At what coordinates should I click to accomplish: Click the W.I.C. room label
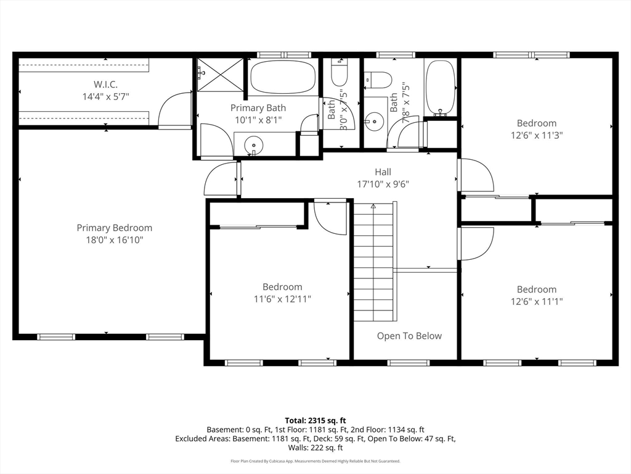[105, 84]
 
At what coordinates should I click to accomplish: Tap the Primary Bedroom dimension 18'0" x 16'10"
[115, 240]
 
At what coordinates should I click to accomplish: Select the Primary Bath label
[258, 107]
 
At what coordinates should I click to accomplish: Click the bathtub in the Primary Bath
[283, 77]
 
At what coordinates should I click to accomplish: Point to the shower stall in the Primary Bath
[220, 75]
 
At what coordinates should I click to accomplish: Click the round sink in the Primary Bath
[253, 144]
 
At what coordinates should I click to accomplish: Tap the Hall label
[383, 172]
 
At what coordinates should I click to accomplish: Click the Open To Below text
[409, 336]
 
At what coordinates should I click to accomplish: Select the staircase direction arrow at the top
[373, 206]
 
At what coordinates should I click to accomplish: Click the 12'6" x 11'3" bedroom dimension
[537, 135]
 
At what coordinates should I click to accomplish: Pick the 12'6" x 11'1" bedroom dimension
[537, 301]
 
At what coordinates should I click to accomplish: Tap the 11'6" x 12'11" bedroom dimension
[282, 299]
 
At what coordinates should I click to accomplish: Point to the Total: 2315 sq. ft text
[315, 421]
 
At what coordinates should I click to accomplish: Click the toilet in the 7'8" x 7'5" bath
[378, 80]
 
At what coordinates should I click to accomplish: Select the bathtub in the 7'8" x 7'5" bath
[441, 88]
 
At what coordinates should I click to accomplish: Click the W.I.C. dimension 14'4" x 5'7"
[105, 96]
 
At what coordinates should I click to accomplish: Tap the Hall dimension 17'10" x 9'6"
[383, 184]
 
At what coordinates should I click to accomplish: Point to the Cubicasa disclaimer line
[315, 461]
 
